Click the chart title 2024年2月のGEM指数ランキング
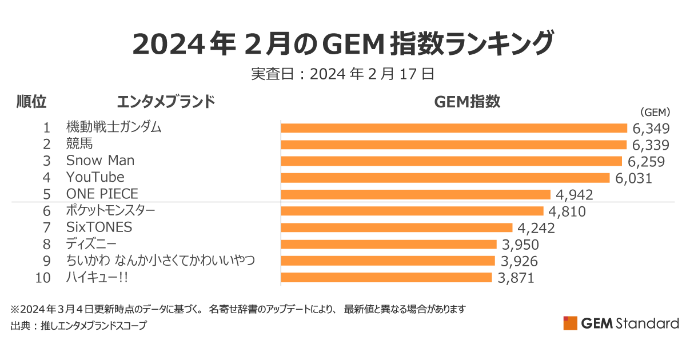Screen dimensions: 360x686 (343, 43)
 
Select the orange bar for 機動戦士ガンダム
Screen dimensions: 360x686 (454, 128)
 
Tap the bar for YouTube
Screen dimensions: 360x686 (445, 178)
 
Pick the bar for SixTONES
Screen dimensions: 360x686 (397, 228)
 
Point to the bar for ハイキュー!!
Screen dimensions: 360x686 (386, 278)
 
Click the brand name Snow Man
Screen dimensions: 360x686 (100, 161)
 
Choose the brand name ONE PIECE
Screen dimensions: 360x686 (102, 194)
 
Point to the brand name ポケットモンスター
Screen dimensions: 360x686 (110, 211)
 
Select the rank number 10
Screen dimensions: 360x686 (43, 278)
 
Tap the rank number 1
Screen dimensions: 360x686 (47, 127)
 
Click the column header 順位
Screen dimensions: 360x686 (31, 102)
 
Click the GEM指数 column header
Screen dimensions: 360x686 (467, 102)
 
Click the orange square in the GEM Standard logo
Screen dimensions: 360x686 (570, 323)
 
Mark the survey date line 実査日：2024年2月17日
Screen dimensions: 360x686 (343, 74)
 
